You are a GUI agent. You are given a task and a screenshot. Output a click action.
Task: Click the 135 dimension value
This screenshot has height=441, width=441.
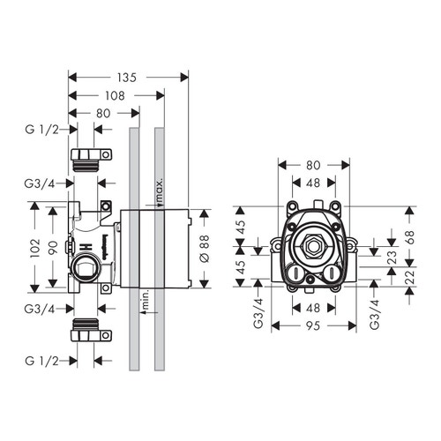point(128,78)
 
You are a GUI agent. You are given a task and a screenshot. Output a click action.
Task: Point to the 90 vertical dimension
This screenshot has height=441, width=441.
point(53,248)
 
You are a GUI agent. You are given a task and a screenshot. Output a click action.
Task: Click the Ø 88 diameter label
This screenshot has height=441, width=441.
point(205,249)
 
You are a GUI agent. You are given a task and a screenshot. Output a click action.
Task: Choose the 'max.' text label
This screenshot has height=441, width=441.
point(159,191)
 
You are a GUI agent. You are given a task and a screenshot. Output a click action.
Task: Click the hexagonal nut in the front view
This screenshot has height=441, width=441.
point(314,250)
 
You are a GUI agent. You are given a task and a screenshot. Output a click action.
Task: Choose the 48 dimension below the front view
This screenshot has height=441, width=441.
point(314,309)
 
